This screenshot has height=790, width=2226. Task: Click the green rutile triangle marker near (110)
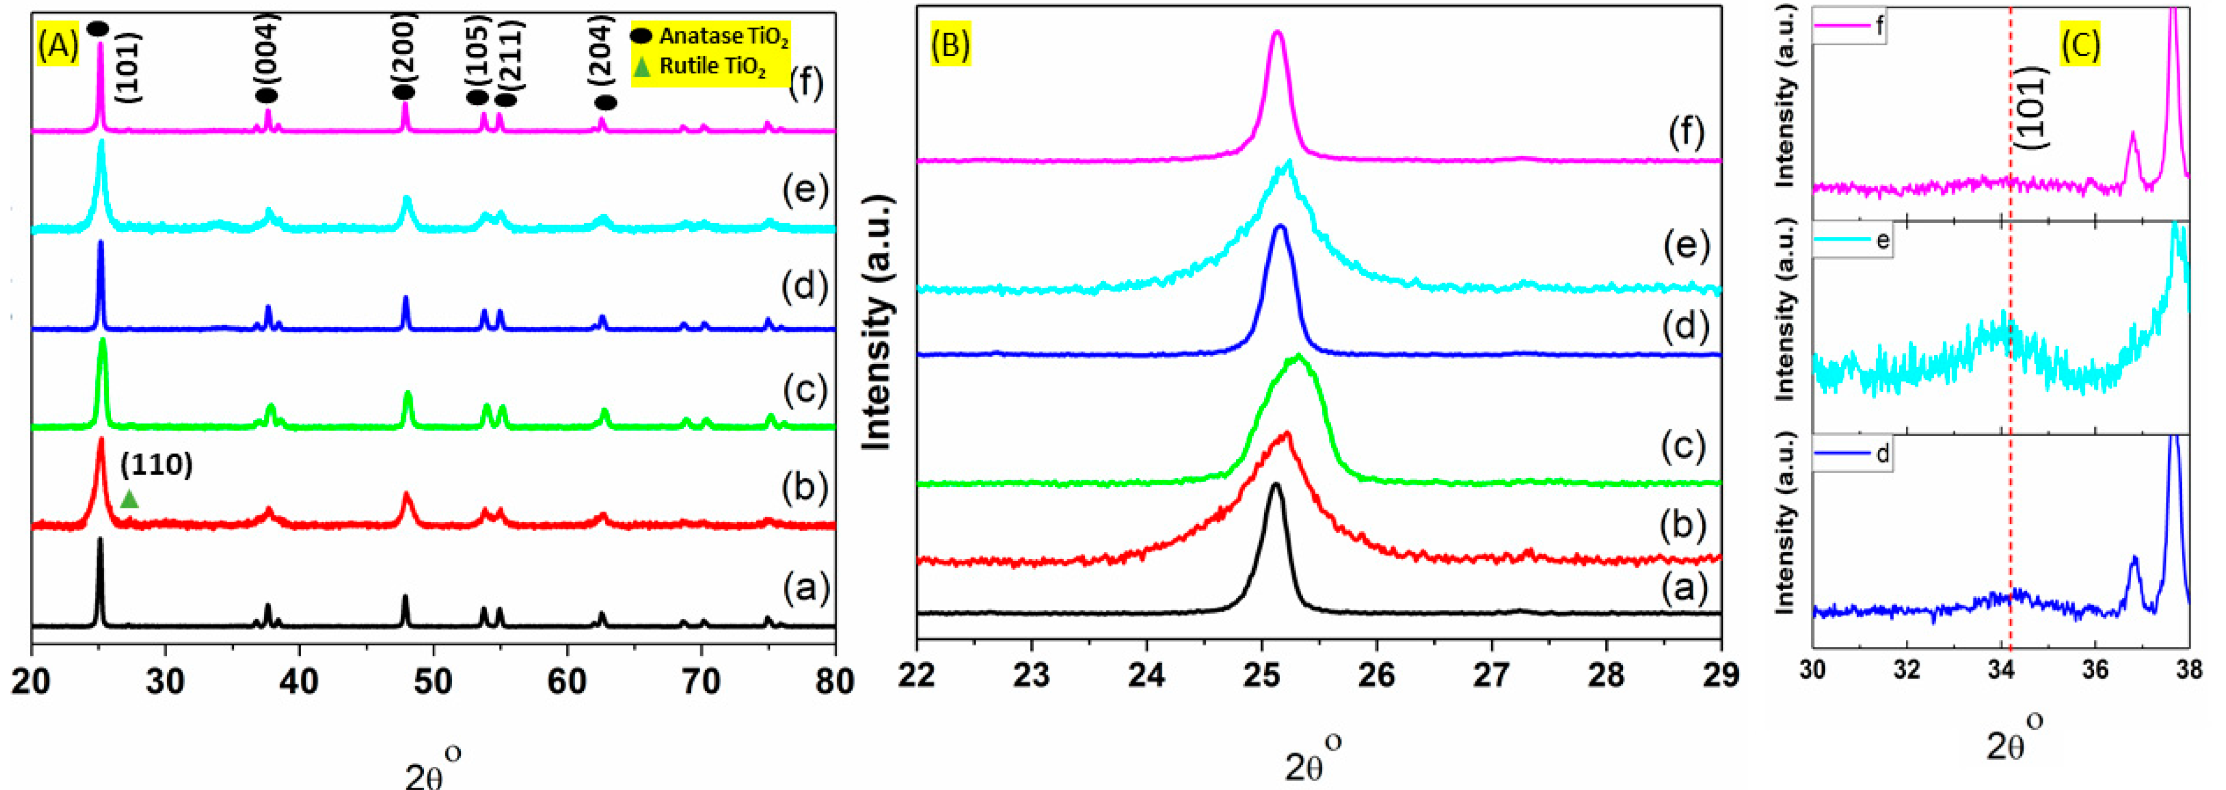130,499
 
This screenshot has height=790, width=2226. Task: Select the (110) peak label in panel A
156,465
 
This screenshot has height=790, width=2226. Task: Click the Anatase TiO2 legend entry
710,37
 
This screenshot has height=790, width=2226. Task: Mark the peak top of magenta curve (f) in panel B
1276,33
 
